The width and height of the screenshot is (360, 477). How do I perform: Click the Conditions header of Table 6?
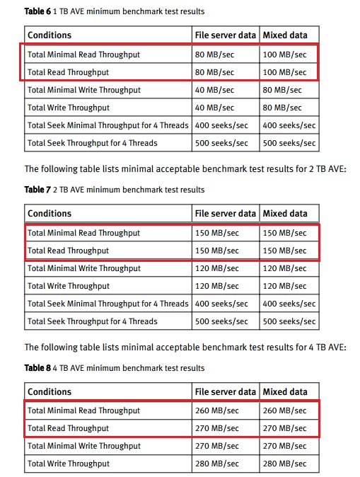[50, 35]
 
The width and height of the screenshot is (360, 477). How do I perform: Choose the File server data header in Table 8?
[225, 391]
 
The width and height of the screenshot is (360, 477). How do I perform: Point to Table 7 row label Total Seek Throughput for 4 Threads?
[93, 321]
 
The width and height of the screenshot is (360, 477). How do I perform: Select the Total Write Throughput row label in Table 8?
[69, 464]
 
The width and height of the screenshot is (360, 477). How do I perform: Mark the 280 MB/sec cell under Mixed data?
[285, 464]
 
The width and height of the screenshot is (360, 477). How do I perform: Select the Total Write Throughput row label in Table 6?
[69, 108]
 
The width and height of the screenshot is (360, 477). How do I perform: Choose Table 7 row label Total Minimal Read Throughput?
[83, 232]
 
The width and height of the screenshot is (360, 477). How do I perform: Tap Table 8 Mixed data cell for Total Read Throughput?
[285, 428]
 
